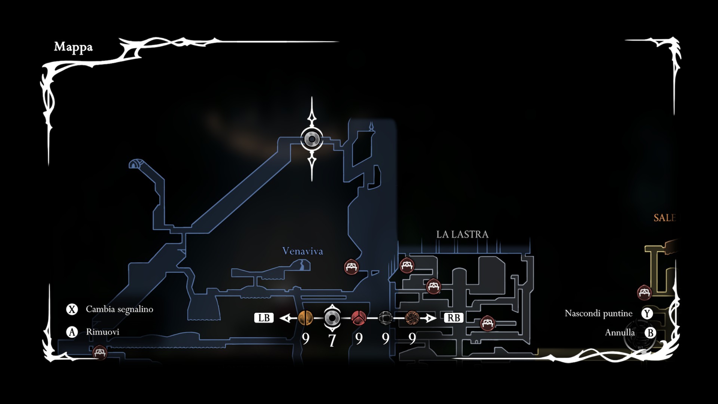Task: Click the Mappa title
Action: (73, 47)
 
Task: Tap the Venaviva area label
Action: (303, 251)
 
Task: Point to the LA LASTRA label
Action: (462, 234)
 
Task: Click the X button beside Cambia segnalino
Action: (72, 309)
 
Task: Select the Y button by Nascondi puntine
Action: (647, 313)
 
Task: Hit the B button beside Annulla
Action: (650, 333)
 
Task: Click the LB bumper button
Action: (264, 318)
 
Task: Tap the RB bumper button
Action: (454, 318)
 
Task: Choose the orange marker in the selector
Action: (306, 318)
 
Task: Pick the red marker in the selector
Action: (359, 318)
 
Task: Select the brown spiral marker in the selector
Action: (412, 318)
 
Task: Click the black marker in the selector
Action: (385, 318)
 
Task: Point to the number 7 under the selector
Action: (332, 340)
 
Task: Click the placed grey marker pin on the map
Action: (312, 139)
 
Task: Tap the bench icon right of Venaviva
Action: (351, 267)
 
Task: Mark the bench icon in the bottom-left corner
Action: (100, 352)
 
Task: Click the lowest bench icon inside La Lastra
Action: (488, 323)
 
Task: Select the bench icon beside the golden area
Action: (644, 293)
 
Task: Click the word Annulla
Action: (620, 333)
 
